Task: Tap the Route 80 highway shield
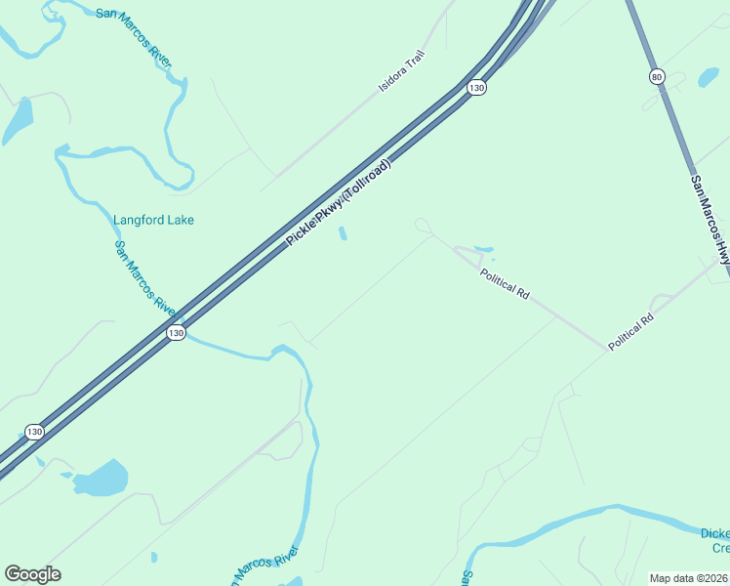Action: tap(657, 76)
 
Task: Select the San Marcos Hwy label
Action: tap(710, 220)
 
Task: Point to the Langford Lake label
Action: tap(153, 220)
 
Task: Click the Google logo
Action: tap(32, 574)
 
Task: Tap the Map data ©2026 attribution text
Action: tap(689, 577)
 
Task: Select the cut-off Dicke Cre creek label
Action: tap(715, 540)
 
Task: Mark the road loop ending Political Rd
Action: tap(423, 226)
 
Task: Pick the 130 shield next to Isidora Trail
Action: tap(475, 88)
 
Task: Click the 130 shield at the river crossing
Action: tap(175, 333)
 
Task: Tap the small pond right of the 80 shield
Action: tap(706, 76)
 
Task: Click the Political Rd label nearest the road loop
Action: tap(504, 283)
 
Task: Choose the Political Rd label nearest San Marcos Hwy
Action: tap(629, 332)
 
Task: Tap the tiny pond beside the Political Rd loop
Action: tap(483, 248)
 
